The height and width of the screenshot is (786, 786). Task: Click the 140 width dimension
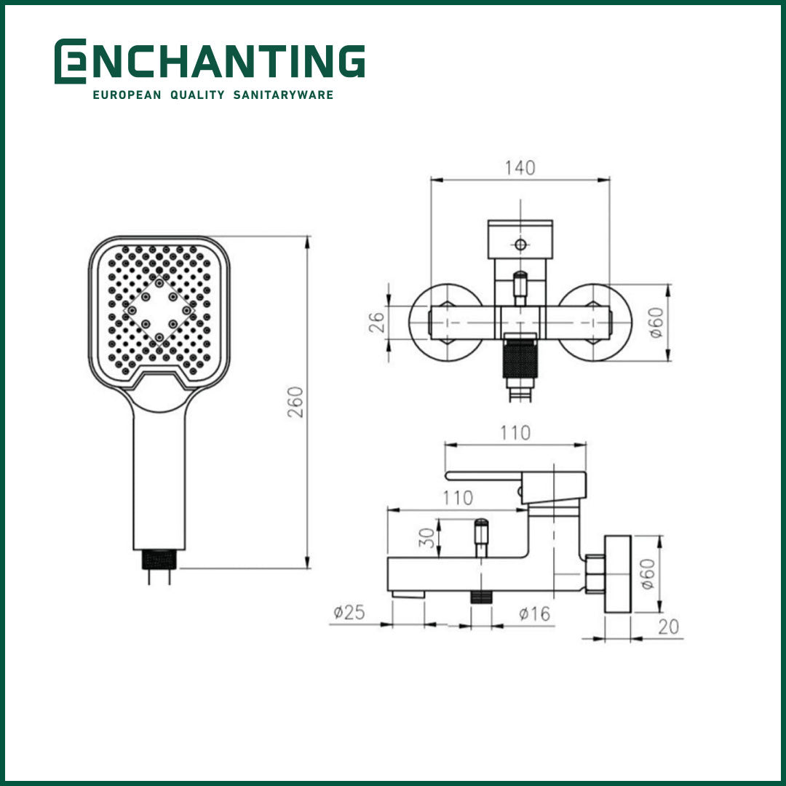point(520,168)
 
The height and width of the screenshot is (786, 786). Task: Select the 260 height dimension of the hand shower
point(295,402)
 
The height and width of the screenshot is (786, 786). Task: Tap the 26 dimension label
point(376,322)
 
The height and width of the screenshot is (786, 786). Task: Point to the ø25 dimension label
point(349,613)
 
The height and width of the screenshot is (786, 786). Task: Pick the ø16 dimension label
point(534,614)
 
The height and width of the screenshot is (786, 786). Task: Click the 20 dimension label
point(669,627)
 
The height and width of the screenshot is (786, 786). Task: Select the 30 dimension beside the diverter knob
point(429,537)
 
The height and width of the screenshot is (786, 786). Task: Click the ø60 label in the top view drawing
point(656,322)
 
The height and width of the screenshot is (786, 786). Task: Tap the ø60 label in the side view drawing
point(648,574)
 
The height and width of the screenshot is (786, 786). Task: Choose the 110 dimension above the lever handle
point(515,433)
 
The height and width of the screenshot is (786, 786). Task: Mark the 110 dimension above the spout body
point(457,499)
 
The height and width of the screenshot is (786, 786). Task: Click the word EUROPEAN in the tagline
point(126,95)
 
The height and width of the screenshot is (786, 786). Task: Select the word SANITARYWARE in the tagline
point(284,95)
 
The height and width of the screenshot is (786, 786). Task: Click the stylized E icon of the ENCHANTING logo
point(70,61)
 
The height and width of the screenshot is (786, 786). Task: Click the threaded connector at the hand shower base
point(159,559)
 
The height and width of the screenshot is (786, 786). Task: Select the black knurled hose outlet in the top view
point(520,360)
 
